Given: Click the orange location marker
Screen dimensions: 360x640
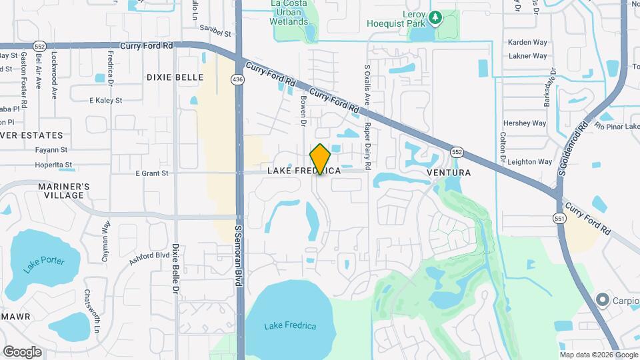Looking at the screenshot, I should (x=321, y=159).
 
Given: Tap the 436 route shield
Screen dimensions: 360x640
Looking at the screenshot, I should (x=237, y=79).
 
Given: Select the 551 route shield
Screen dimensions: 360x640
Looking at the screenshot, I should (x=558, y=218).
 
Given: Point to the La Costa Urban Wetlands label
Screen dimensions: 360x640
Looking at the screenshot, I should (x=289, y=13).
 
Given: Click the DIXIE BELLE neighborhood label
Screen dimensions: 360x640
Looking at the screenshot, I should (x=175, y=77).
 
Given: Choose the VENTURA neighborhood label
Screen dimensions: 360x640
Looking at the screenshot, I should (x=448, y=173).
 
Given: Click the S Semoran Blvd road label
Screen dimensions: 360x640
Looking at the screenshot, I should (x=237, y=255).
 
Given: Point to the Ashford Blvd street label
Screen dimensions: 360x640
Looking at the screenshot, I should (x=149, y=259).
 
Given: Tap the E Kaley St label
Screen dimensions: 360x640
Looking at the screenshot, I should (x=106, y=101).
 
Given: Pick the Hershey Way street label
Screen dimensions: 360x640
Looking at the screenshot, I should (x=525, y=123).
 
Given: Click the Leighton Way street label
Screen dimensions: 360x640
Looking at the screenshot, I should (x=529, y=162).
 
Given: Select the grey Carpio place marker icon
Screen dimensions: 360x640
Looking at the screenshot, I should (x=604, y=300).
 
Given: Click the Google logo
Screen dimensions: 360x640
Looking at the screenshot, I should (x=22, y=351).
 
